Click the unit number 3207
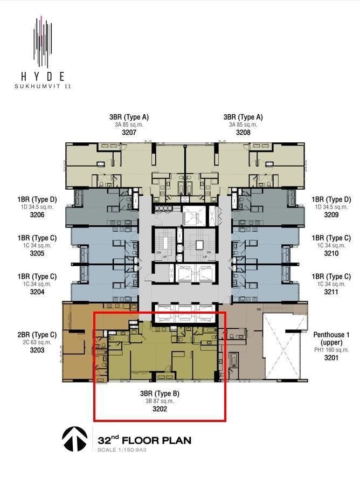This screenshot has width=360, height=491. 129,133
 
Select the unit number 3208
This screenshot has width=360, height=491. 243,133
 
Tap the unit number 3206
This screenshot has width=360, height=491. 37,215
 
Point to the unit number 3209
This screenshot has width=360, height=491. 331,215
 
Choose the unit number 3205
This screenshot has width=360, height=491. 37,253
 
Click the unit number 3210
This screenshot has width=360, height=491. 331,253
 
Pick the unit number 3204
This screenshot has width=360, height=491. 37,292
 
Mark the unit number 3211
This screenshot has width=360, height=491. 331,292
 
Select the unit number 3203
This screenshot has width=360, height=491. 37,350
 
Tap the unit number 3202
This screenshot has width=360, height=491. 160,409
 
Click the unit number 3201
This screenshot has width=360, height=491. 331,357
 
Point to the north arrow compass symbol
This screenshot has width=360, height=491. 74,439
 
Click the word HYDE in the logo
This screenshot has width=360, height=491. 43,77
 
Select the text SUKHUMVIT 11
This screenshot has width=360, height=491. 43,86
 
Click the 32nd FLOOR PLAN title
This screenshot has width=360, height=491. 144,440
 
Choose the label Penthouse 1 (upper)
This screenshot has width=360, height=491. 331,338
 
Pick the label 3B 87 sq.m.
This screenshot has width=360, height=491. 160,401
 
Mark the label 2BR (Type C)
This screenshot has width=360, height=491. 37,335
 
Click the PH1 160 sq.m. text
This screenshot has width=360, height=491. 331,350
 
